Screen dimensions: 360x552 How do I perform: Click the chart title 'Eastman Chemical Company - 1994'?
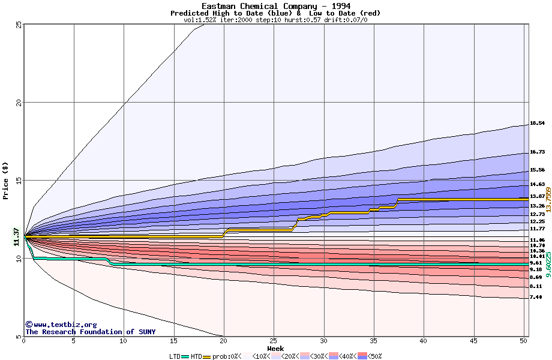pyautogui.click(x=275, y=6)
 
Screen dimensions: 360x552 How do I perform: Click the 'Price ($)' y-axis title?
pyautogui.click(x=5, y=181)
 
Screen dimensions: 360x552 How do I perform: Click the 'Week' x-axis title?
pyautogui.click(x=275, y=348)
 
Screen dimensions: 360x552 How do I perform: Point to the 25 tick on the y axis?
pyautogui.click(x=19, y=25)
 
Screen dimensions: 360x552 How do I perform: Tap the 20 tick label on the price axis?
pyautogui.click(x=19, y=103)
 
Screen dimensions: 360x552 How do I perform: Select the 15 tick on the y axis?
pyautogui.click(x=19, y=181)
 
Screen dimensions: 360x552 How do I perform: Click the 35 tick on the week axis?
pyautogui.click(x=373, y=341)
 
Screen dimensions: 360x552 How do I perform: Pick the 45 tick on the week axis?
pyautogui.click(x=473, y=341)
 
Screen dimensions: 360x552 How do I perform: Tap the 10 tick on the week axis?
pyautogui.click(x=124, y=341)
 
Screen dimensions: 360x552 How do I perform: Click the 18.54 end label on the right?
pyautogui.click(x=537, y=123)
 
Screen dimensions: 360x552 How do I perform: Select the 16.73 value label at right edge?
pyautogui.click(x=537, y=152)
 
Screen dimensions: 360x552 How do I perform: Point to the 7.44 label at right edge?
pyautogui.click(x=537, y=297)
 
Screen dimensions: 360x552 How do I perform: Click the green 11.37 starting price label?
pyautogui.click(x=17, y=236)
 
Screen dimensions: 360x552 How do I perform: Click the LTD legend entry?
pyautogui.click(x=175, y=356)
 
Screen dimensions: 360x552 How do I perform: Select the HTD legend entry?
pyautogui.click(x=196, y=356)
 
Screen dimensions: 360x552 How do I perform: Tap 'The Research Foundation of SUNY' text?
pyautogui.click(x=90, y=332)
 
